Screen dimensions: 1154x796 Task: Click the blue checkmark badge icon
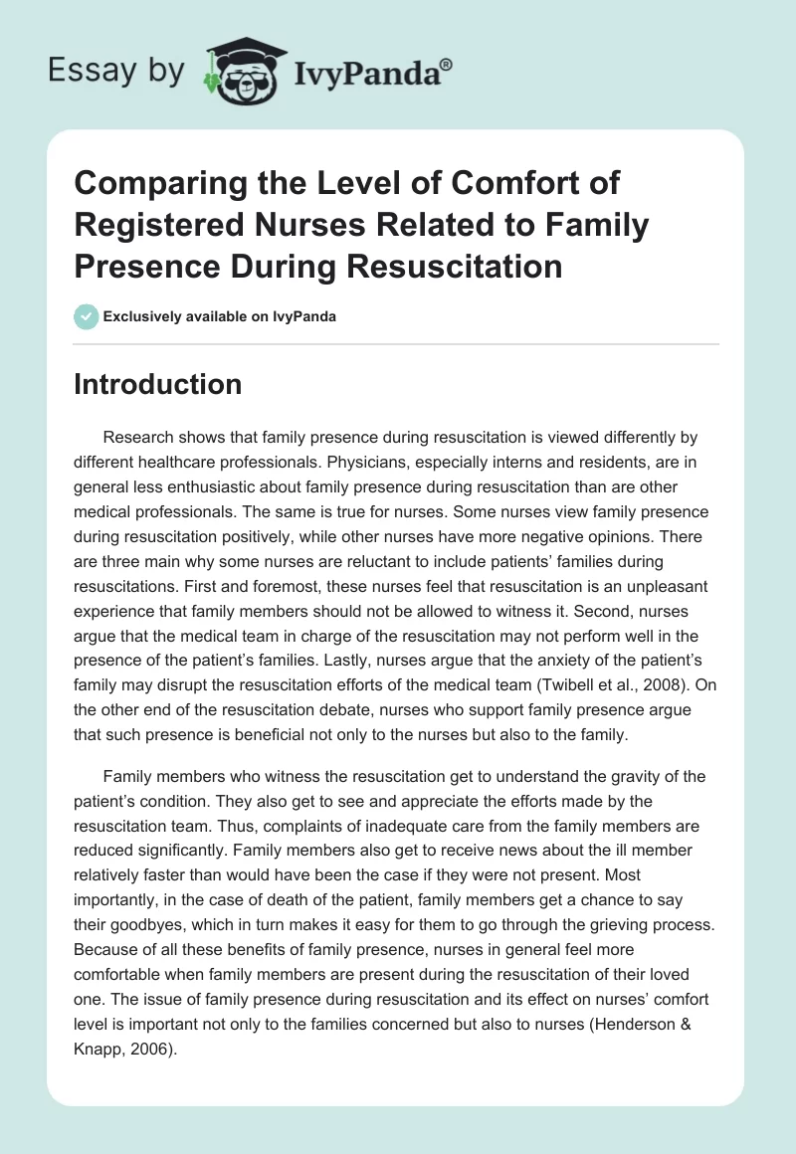coord(86,316)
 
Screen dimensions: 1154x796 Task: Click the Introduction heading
coord(157,384)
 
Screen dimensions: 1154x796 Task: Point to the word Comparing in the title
coord(151,183)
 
